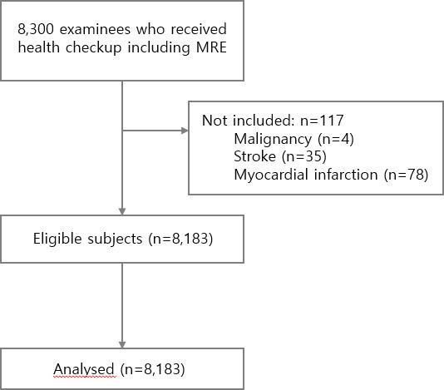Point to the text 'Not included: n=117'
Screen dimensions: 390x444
coord(273,121)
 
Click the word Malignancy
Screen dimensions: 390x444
coord(271,138)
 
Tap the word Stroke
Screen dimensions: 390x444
coord(254,156)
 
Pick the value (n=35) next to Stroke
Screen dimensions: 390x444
coord(302,156)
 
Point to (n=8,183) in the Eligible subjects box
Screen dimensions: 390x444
coord(179,239)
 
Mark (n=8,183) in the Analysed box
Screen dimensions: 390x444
coord(154,368)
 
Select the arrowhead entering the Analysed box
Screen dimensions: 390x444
coord(123,343)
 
